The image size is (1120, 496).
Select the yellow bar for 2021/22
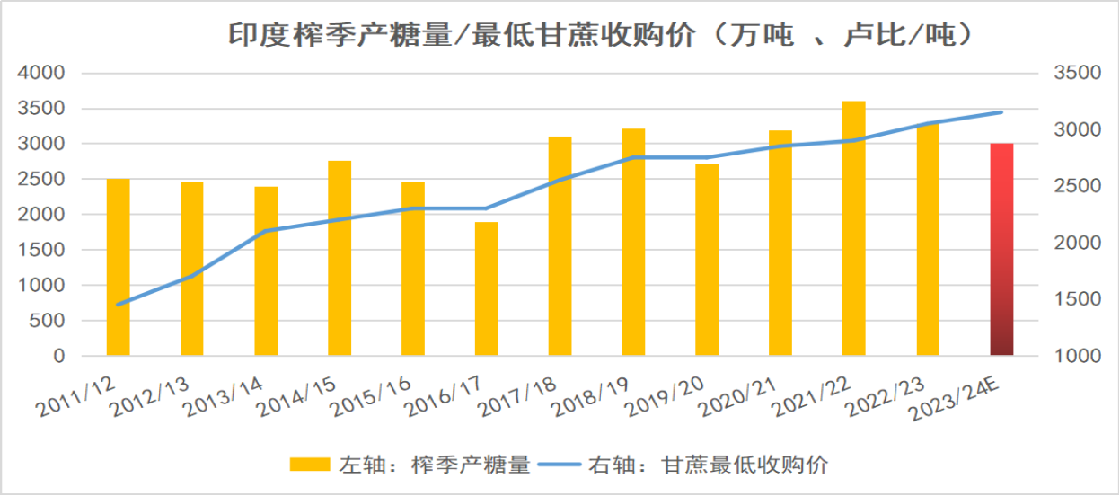click(x=853, y=228)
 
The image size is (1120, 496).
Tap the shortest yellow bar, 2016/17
click(x=486, y=288)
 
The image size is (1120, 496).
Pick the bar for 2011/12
click(x=118, y=267)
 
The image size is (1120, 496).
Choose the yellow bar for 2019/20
click(x=707, y=260)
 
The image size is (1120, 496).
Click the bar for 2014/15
click(x=339, y=258)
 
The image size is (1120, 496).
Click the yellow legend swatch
click(x=309, y=465)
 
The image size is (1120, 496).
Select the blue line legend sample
click(x=558, y=465)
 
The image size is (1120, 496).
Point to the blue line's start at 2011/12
click(x=118, y=305)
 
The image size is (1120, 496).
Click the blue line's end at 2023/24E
click(x=1001, y=112)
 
